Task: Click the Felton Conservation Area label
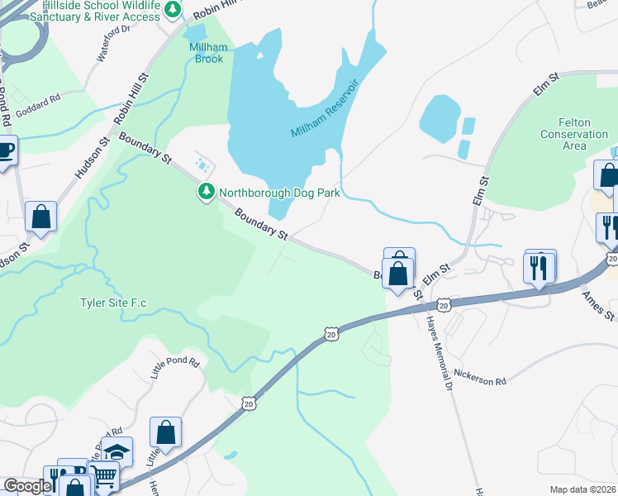pyautogui.click(x=574, y=134)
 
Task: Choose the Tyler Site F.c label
pyautogui.click(x=113, y=303)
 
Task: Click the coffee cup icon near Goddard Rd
pyautogui.click(x=7, y=151)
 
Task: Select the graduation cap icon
pyautogui.click(x=116, y=451)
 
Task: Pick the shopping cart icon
pyautogui.click(x=103, y=476)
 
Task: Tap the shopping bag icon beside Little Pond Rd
pyautogui.click(x=166, y=432)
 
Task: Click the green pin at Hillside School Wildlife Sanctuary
pyautogui.click(x=173, y=10)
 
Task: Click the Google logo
pyautogui.click(x=26, y=487)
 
